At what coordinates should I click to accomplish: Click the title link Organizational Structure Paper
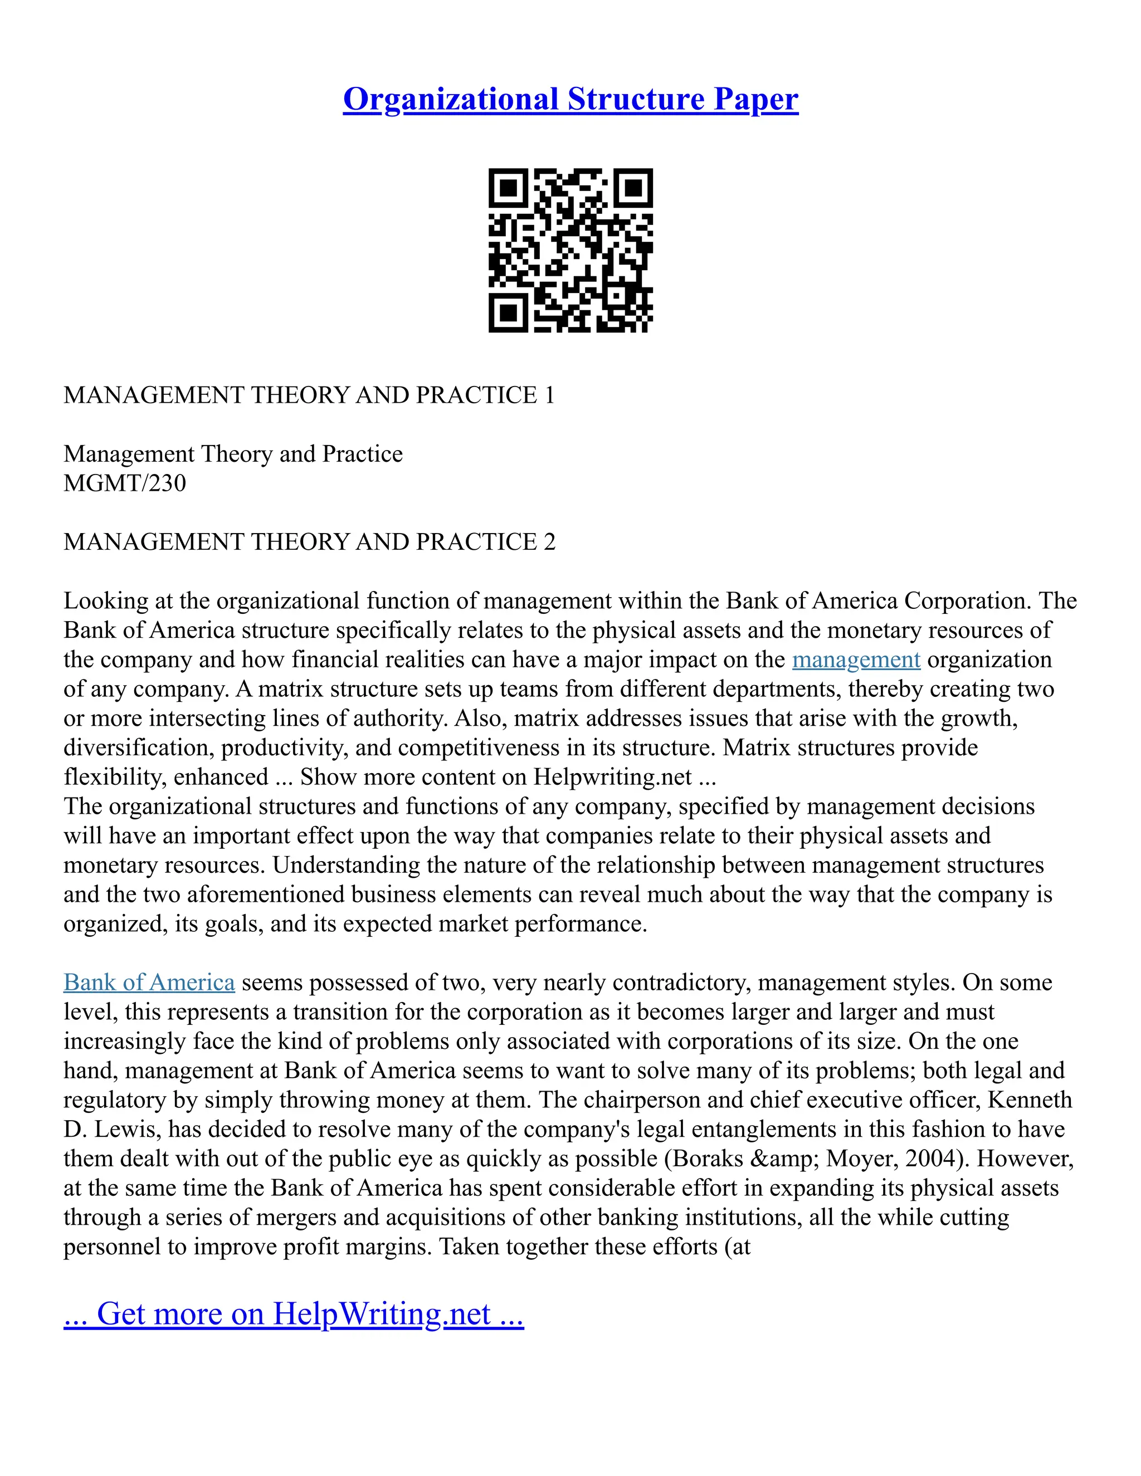point(570,99)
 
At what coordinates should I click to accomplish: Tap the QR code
point(570,250)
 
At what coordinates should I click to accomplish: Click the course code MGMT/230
point(124,483)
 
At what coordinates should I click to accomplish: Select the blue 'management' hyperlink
point(856,659)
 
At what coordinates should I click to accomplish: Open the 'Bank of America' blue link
point(149,983)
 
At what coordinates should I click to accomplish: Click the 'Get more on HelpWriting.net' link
point(294,1314)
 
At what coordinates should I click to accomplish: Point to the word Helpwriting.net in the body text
point(612,777)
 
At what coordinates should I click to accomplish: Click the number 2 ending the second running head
point(549,542)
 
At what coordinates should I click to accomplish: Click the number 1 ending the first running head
point(549,395)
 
